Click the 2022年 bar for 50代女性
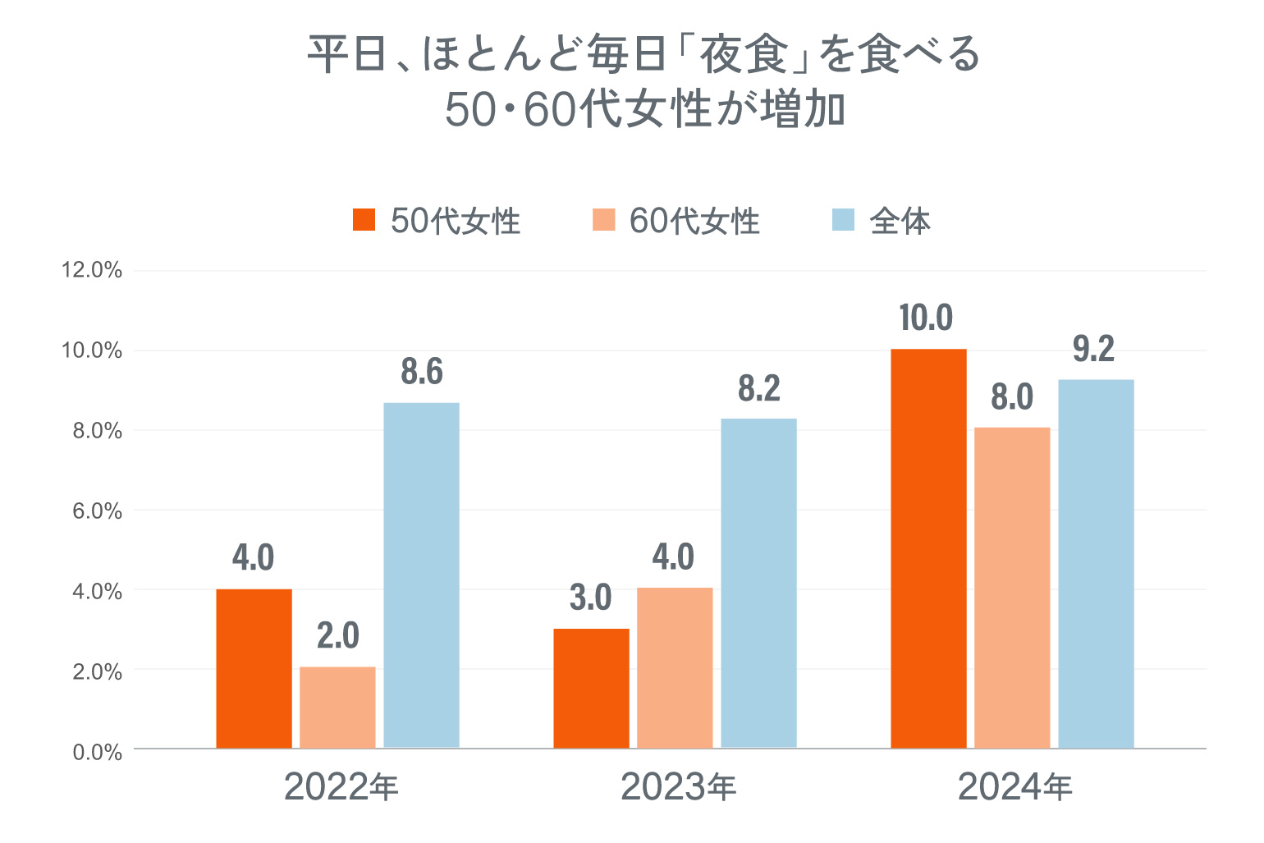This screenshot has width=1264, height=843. (254, 668)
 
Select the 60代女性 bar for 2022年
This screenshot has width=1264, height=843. (337, 708)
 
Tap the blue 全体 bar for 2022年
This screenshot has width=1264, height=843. (421, 575)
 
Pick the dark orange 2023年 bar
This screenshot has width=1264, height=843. (591, 688)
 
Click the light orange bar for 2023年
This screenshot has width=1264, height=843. (675, 667)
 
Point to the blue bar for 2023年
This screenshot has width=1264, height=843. (758, 583)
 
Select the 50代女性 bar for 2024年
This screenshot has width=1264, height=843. (928, 548)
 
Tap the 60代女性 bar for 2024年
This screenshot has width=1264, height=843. (1012, 588)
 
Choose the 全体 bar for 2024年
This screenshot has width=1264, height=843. (1096, 563)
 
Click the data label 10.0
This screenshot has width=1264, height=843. (926, 318)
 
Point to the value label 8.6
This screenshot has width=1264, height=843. (422, 373)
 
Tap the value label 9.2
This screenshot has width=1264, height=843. (1094, 350)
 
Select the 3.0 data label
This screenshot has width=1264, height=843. (591, 598)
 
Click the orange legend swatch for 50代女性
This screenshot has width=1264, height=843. (364, 220)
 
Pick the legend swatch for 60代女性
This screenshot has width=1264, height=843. (603, 220)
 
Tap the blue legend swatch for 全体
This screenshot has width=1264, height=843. (843, 220)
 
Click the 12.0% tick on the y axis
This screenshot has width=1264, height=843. (92, 270)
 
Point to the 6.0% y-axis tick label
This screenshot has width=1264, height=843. (97, 511)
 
